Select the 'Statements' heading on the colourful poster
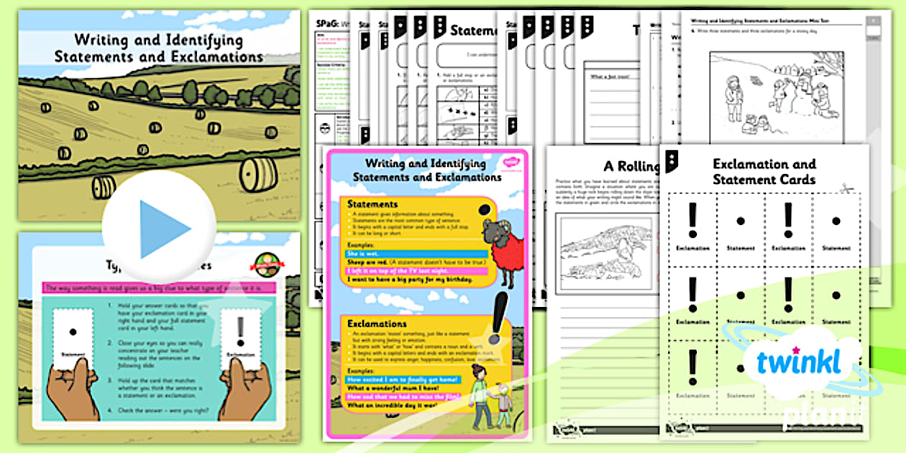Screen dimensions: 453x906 pos(372,205)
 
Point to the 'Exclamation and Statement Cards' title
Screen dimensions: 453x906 pos(764,172)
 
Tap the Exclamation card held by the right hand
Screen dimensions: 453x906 pos(241,335)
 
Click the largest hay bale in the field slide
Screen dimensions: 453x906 pos(258,174)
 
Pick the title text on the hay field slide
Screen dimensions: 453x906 pos(159,48)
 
